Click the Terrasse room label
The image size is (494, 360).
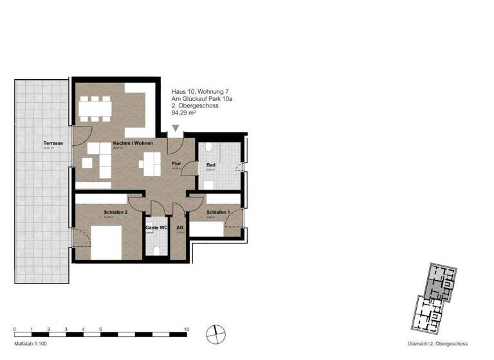pyautogui.click(x=53, y=143)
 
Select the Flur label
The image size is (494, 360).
pyautogui.click(x=178, y=165)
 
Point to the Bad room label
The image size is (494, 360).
pyautogui.click(x=211, y=165)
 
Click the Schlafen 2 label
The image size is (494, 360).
pyautogui.click(x=115, y=212)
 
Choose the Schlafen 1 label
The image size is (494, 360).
pyautogui.click(x=218, y=212)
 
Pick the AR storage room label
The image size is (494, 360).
pyautogui.click(x=180, y=228)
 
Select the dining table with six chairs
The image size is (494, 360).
pyautogui.click(x=95, y=109)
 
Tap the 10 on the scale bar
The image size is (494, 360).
pyautogui.click(x=187, y=328)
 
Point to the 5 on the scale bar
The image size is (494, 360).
pyautogui.click(x=100, y=328)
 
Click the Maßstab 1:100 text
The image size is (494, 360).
pyautogui.click(x=30, y=343)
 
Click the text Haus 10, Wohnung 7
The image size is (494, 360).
pyautogui.click(x=200, y=91)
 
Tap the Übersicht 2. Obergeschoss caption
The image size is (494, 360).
pyautogui.click(x=437, y=343)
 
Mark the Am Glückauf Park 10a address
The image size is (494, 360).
pyautogui.click(x=204, y=99)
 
